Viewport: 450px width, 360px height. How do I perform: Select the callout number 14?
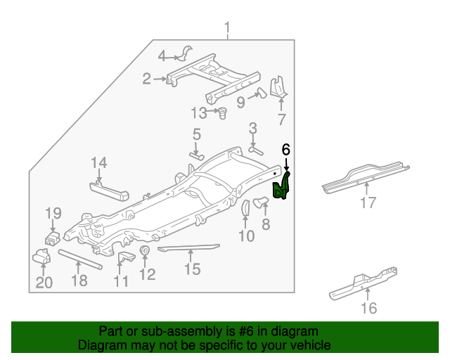pos(98,163)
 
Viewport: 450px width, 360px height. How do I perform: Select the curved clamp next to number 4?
pos(188,54)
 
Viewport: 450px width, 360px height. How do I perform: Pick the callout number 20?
pos(44,283)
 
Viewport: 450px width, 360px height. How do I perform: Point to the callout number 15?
pos(192,269)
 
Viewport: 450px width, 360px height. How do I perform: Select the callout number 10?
pos(246,236)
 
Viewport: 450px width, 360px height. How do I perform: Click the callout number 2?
pos(146,79)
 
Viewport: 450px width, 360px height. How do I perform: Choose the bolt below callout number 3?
pos(255,148)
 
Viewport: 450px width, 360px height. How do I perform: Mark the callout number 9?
pos(240,103)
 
